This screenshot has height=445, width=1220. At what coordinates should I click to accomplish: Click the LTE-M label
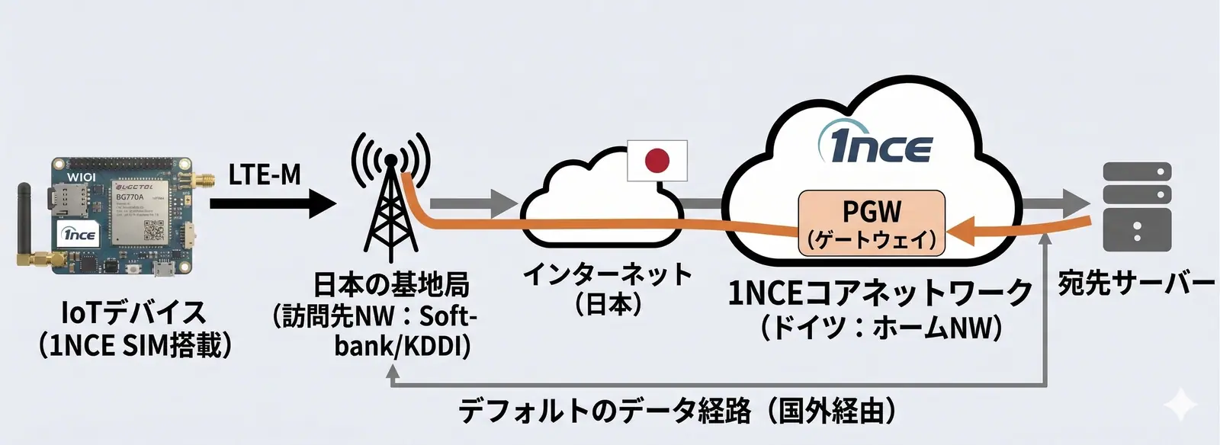[x=265, y=175]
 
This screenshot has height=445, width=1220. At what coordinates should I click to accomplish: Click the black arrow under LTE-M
[x=271, y=203]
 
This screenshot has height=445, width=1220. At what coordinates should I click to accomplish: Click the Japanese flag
[x=657, y=161]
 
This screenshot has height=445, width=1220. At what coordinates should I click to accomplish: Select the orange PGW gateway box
[x=871, y=222]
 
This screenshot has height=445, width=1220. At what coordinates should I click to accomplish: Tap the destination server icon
[x=1137, y=206]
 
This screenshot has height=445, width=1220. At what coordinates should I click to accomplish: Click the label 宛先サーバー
[x=1135, y=283]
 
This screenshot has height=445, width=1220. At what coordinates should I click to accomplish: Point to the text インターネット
[x=607, y=274]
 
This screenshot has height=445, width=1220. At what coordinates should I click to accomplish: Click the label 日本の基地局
[x=390, y=284]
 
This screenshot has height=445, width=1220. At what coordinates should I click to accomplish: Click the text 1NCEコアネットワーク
[x=879, y=293]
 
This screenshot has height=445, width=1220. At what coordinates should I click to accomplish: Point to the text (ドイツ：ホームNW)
[x=879, y=328]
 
